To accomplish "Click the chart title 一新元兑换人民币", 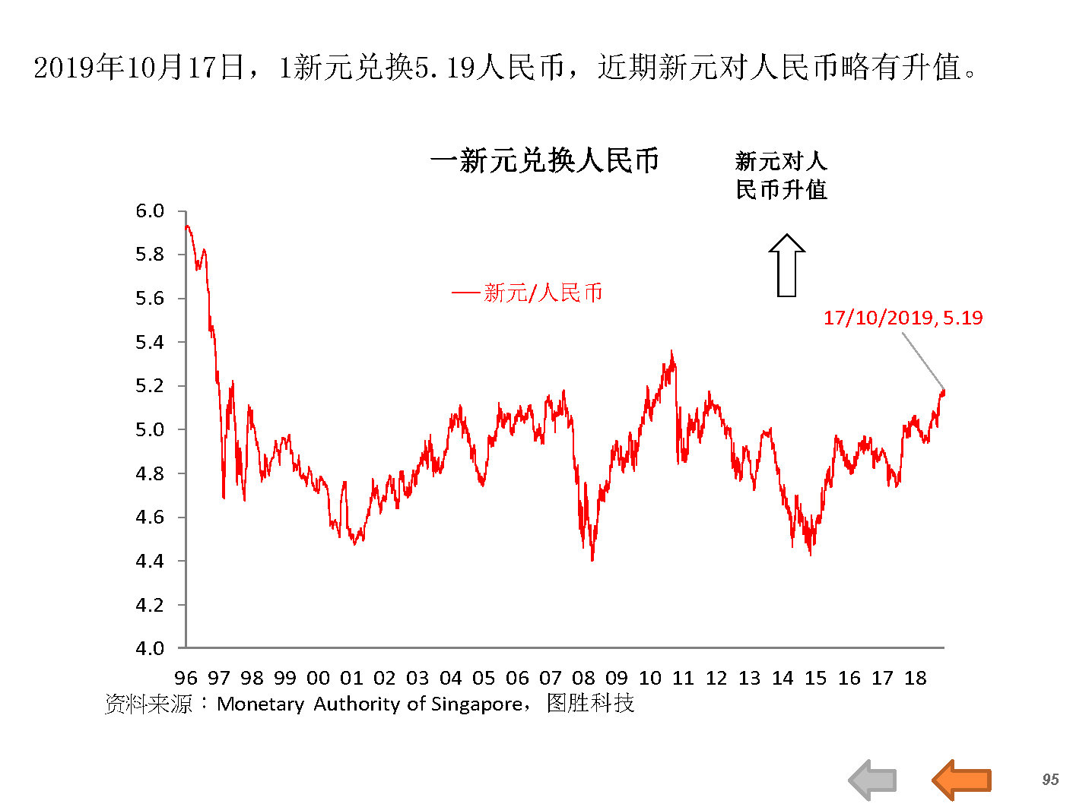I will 544,161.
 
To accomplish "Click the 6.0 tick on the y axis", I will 150,211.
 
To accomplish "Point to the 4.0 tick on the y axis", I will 150,648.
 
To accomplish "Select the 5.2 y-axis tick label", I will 150,386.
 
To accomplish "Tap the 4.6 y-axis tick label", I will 150,518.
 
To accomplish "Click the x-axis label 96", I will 186,678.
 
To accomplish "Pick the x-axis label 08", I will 583,678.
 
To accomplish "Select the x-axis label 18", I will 915,678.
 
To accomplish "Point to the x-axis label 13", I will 749,678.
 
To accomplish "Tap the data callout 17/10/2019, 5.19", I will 903,318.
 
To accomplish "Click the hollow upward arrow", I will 786,264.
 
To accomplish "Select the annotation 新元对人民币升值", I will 781,175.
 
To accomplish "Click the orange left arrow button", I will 961,780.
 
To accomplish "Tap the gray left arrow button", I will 872,780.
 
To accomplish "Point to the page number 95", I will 1050,779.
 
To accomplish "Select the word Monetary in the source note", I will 260,704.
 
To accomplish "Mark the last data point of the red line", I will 944,391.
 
